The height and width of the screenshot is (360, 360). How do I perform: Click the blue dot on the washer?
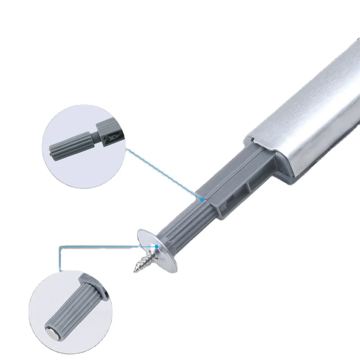156,246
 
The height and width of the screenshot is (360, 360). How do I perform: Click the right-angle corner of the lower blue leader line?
60,246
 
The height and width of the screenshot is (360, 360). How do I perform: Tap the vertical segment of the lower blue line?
60,259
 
